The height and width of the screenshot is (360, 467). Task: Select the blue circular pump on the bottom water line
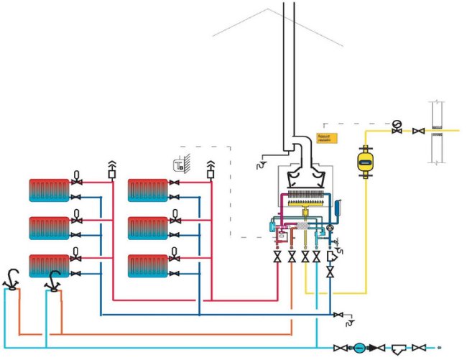tap(359, 347)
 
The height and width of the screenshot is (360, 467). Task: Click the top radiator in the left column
tap(49, 190)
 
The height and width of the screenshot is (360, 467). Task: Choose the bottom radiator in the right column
tap(148, 265)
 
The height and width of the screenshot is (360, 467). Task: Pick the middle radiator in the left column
tap(49, 228)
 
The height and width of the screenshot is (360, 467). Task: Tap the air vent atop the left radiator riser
tap(111, 169)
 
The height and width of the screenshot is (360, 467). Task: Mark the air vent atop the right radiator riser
tap(211, 169)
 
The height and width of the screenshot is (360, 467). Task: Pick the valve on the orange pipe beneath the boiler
tap(292, 257)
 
